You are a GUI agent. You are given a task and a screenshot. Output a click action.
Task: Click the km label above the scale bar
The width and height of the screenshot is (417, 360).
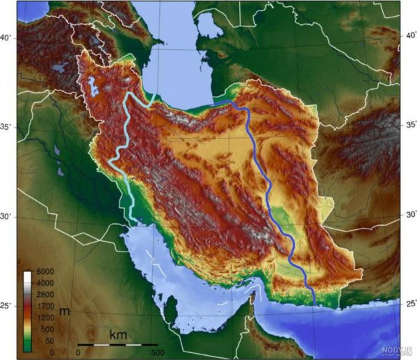click(117, 335)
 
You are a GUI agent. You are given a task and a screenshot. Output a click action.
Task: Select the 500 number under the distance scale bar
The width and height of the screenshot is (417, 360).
click(156, 352)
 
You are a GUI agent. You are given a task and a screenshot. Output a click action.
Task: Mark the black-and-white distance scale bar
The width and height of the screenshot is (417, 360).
click(117, 345)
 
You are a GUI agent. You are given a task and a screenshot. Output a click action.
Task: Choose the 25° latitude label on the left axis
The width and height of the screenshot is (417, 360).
click(6, 306)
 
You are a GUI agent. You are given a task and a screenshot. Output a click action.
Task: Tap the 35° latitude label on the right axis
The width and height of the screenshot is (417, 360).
click(411, 126)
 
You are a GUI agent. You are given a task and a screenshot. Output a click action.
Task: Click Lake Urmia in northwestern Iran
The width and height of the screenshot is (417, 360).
click(92, 88)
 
